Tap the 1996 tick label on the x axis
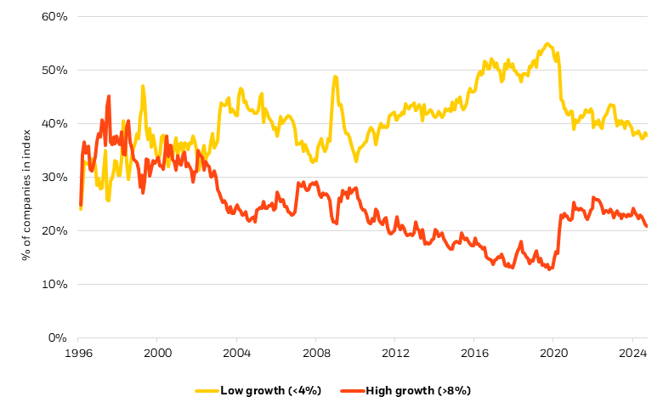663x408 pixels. (79, 351)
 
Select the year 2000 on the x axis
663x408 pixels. (158, 351)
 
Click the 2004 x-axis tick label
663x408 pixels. (237, 351)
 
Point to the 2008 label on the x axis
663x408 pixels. (316, 351)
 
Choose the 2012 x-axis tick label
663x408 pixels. (395, 351)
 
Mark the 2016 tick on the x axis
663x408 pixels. (474, 351)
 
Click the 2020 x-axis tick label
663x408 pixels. (553, 351)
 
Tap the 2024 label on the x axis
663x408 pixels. (632, 351)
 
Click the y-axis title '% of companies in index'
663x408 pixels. (27, 177)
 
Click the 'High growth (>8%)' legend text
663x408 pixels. (417, 390)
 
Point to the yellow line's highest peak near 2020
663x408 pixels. (547, 43)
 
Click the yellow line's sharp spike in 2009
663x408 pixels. (336, 76)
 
